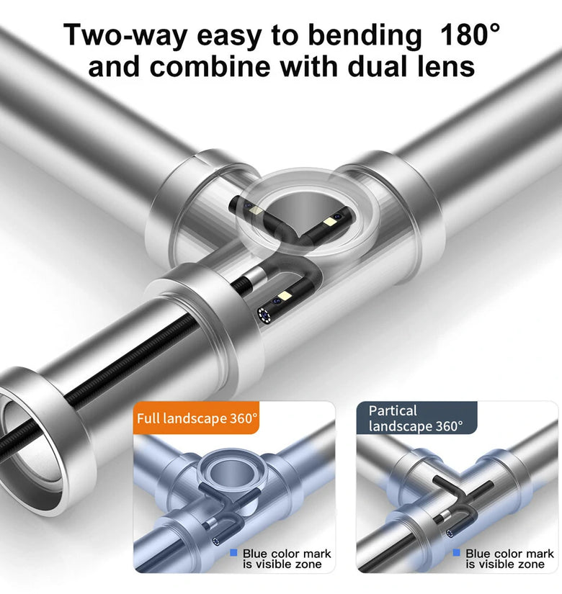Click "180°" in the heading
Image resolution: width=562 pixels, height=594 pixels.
point(470,34)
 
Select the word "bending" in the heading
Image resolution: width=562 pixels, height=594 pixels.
point(365,36)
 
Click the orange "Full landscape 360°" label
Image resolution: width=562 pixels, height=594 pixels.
point(197,418)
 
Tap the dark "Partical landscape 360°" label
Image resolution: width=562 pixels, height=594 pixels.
point(416,418)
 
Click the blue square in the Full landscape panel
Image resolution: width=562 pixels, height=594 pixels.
point(233,553)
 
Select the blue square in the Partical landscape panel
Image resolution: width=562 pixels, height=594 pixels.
point(457,553)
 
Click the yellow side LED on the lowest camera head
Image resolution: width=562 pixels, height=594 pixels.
point(285,296)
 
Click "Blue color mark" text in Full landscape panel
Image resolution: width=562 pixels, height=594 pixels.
point(287,554)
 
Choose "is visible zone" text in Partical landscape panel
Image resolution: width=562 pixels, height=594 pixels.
point(505,564)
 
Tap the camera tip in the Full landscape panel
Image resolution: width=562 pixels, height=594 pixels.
point(218,541)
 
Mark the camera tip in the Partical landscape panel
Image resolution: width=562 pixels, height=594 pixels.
point(450,534)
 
